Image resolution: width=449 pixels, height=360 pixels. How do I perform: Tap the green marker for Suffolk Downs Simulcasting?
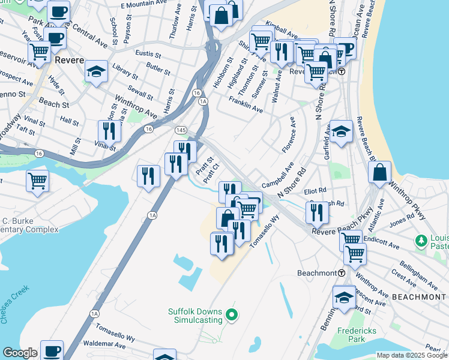pyautogui.click(x=235, y=314)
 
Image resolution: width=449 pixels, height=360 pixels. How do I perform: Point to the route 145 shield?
pyautogui.click(x=179, y=130)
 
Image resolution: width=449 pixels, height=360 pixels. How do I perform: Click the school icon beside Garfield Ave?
pyautogui.click(x=341, y=130)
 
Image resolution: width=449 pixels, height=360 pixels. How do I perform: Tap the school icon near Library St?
pyautogui.click(x=96, y=71)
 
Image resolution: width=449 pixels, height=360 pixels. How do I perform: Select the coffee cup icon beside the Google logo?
pyautogui.click(x=52, y=350)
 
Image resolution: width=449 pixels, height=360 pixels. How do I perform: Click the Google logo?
pyautogui.click(x=19, y=353)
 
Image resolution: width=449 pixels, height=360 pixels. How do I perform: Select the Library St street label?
pyautogui.click(x=124, y=69)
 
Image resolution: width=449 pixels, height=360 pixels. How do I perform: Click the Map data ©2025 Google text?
pyautogui.click(x=412, y=355)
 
